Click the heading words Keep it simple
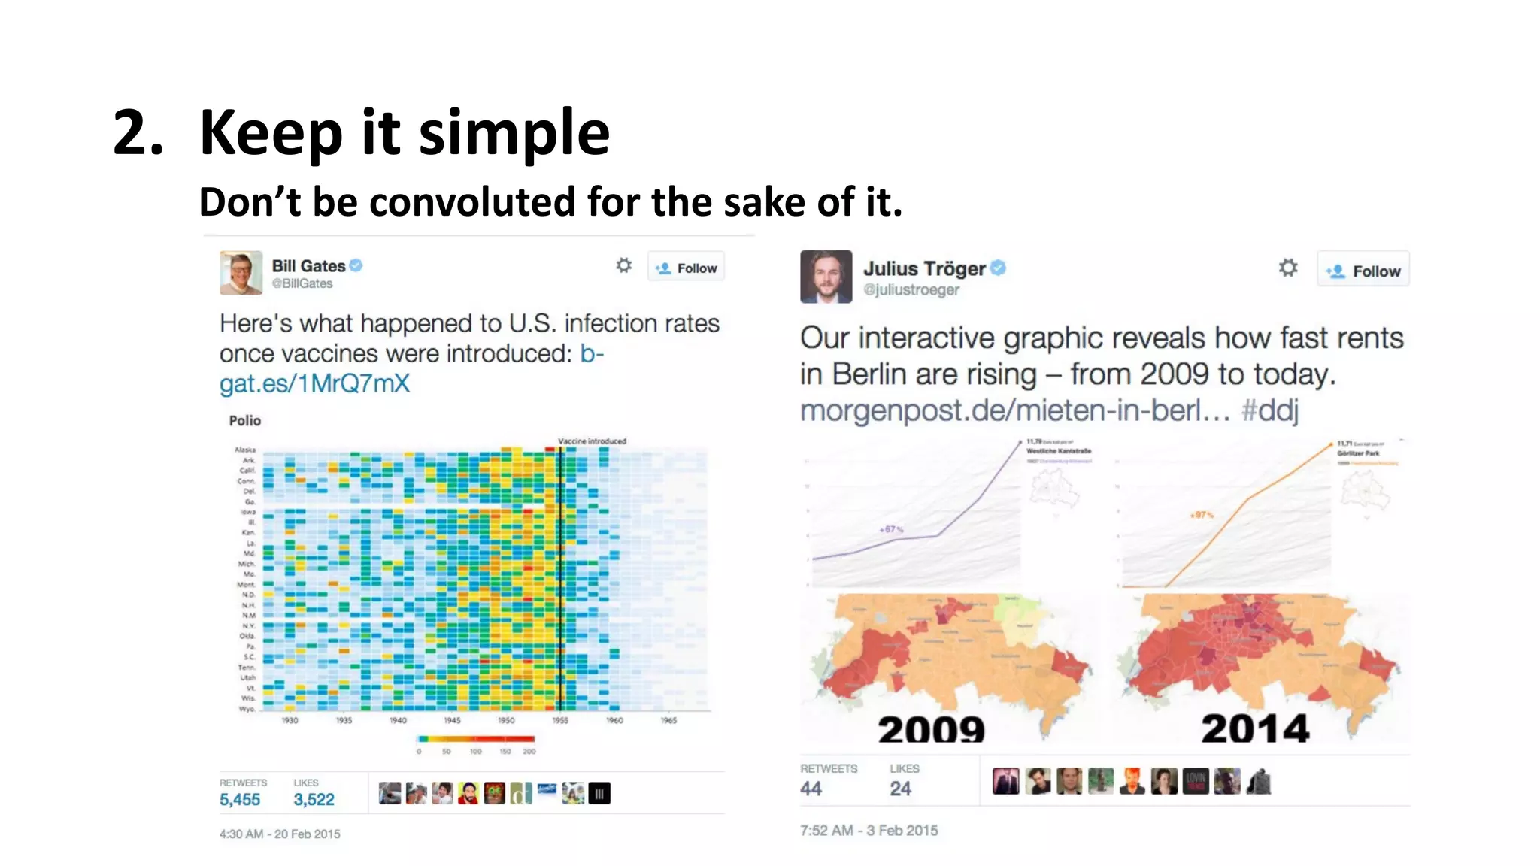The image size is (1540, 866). pos(404,132)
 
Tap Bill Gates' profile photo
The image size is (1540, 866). pos(241,273)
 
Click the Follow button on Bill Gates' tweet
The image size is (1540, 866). pos(686,268)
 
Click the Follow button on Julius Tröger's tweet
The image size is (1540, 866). pos(1363,271)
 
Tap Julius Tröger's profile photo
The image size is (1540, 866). pos(826,277)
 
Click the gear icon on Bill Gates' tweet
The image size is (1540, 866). pos(623,265)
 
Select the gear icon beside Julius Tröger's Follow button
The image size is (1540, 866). pos(1288,268)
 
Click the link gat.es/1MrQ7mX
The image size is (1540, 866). pos(314,384)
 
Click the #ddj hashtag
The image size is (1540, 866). pos(1269,410)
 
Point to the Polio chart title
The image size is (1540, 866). pos(245,421)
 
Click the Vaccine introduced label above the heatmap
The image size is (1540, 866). pos(592,441)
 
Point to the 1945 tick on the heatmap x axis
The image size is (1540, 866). pos(452,720)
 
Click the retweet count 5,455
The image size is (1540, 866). pos(240,800)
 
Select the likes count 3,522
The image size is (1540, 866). pos(314,800)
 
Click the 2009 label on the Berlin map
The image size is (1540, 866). pos(931,728)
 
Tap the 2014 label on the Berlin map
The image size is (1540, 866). pos(1255,728)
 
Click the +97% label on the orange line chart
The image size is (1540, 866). pos(1202,515)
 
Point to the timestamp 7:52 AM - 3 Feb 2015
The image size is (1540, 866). pos(869,831)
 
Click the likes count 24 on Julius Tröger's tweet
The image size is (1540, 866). pos(900,789)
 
